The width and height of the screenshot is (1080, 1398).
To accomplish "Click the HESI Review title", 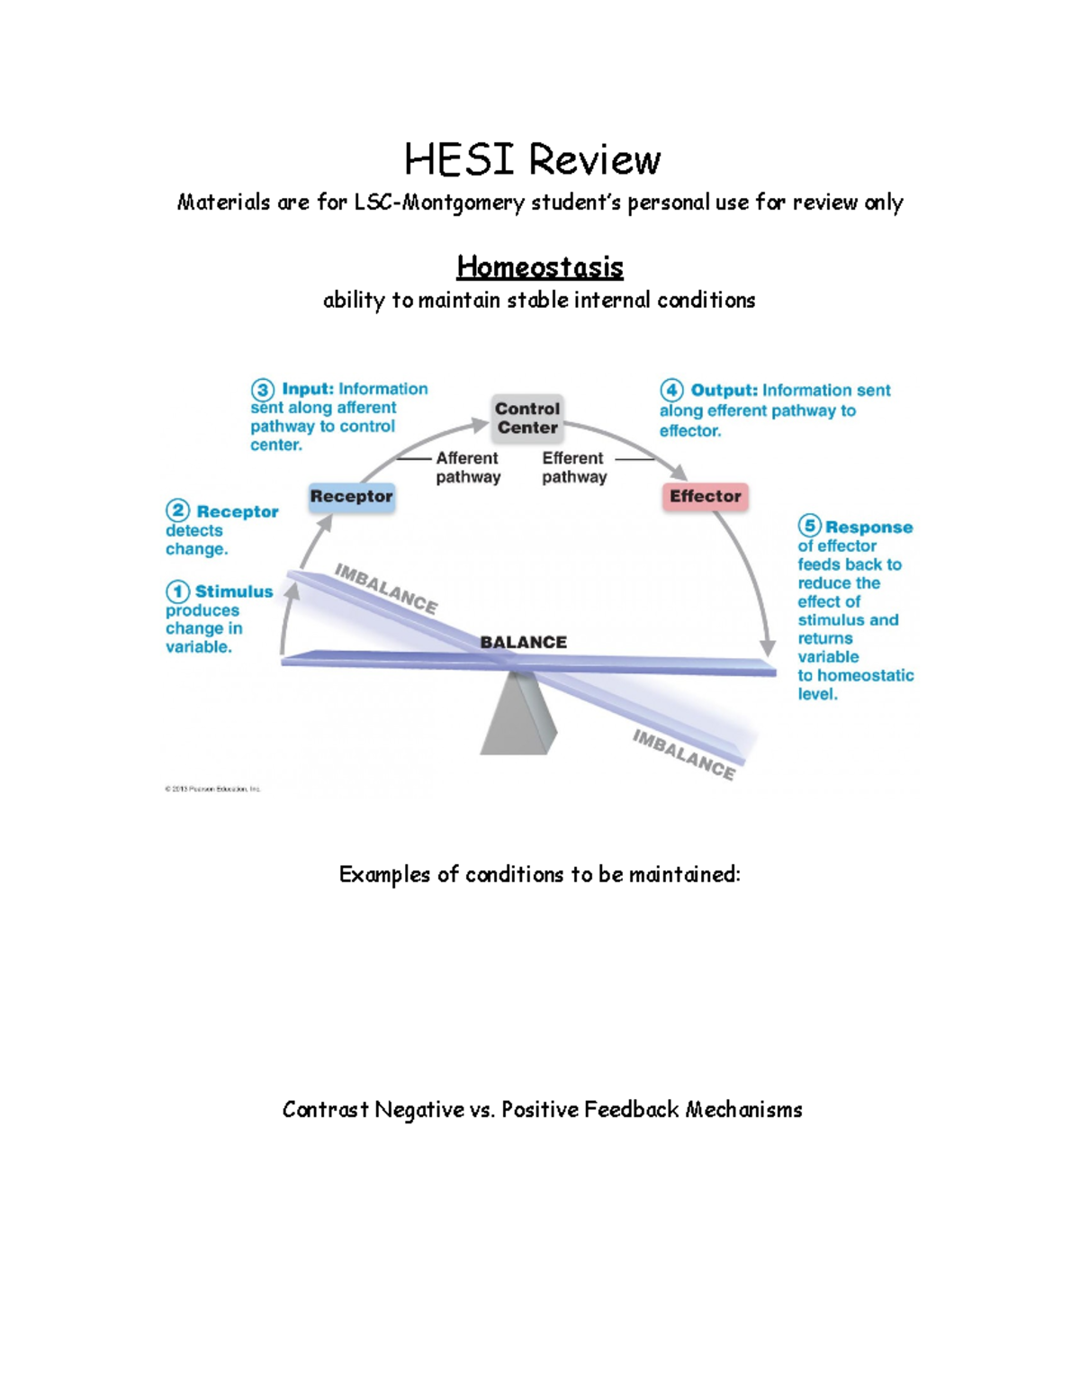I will (x=532, y=160).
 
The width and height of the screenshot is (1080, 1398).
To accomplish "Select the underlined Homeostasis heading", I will (x=540, y=266).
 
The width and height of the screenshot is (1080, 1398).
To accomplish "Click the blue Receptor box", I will (x=351, y=496).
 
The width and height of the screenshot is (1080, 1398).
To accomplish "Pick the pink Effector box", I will (x=705, y=496).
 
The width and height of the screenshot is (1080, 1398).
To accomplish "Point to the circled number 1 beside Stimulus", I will (x=177, y=591).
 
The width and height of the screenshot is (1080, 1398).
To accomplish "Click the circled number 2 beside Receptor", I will (x=177, y=511).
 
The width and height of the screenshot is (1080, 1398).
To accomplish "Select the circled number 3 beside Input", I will (x=262, y=390).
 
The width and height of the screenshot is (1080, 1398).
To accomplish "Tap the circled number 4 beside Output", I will (x=671, y=391).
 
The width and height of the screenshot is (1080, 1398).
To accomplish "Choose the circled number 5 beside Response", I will (x=809, y=526).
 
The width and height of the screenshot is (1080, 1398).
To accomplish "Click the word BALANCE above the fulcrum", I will (x=523, y=642).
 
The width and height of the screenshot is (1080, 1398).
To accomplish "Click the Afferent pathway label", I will (x=468, y=468).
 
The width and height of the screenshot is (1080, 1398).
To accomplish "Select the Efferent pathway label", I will (x=574, y=468).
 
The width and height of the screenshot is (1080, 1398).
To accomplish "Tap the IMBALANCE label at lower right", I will (x=684, y=754).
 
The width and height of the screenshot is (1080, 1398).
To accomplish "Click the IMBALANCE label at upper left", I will (x=386, y=589).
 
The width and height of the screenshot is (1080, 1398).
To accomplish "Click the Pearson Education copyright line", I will (x=212, y=789).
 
